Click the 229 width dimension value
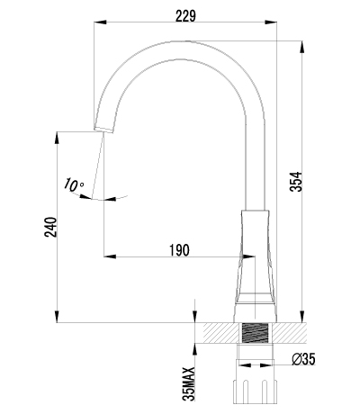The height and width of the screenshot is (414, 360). pyautogui.click(x=185, y=16)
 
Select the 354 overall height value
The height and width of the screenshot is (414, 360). pyautogui.click(x=296, y=182)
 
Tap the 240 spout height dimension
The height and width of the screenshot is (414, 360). pyautogui.click(x=50, y=227)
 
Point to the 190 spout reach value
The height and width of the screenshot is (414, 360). pyautogui.click(x=180, y=250)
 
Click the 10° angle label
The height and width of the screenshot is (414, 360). pyautogui.click(x=73, y=184)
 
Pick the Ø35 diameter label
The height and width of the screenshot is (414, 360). pyautogui.click(x=303, y=359)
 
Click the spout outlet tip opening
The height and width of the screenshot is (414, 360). pyautogui.click(x=103, y=130)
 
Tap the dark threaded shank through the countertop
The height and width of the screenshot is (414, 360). pyautogui.click(x=255, y=333)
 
